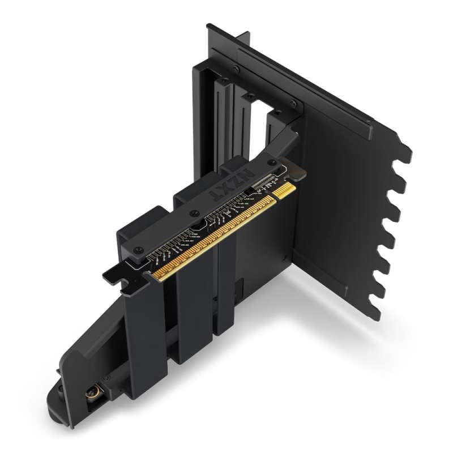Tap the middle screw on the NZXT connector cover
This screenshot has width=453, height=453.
click(x=194, y=213)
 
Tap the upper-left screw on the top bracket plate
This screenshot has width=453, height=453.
click(x=236, y=69)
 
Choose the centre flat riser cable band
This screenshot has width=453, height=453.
click(x=193, y=317)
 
